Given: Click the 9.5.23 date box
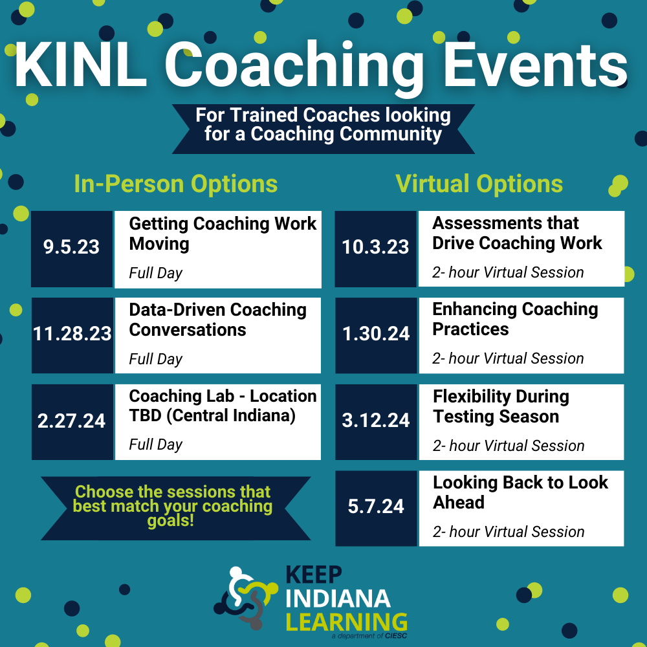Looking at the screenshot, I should (x=72, y=248).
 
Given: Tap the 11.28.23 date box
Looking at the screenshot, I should (x=72, y=334).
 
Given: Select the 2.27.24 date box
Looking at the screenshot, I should (x=72, y=421).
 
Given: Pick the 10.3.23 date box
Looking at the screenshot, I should (x=375, y=248).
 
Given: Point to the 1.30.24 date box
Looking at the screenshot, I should (x=375, y=334).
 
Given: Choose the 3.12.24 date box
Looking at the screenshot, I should (x=375, y=421).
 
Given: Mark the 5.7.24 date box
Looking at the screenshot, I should (x=375, y=507).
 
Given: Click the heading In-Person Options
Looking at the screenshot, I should (x=176, y=184).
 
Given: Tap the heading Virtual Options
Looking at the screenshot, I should (x=479, y=184).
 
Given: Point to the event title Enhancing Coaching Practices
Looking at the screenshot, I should (x=515, y=319).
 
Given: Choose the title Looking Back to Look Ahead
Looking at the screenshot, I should (x=520, y=492).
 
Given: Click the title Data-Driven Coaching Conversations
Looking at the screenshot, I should (x=217, y=320).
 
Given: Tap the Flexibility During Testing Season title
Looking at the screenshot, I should (x=501, y=406).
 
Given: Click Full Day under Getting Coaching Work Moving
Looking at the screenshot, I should (x=155, y=273).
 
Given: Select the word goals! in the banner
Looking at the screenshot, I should (x=171, y=521).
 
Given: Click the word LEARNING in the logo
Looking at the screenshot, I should (x=347, y=622).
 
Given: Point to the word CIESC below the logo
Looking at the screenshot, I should (x=395, y=637).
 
